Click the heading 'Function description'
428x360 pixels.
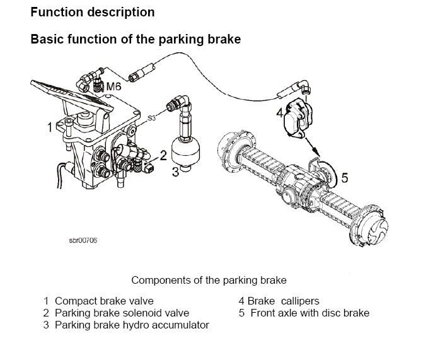pyautogui.click(x=92, y=12)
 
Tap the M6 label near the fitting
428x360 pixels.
pyautogui.click(x=113, y=85)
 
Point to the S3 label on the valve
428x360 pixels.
pyautogui.click(x=151, y=118)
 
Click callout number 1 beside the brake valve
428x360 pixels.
pyautogui.click(x=49, y=128)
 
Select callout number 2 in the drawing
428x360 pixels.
pyautogui.click(x=163, y=154)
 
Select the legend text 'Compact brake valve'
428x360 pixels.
pyautogui.click(x=104, y=301)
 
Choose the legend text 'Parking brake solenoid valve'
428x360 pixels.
pyautogui.click(x=122, y=313)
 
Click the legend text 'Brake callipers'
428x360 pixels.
pyautogui.click(x=287, y=301)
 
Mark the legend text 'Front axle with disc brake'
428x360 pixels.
pyautogui.click(x=309, y=313)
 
